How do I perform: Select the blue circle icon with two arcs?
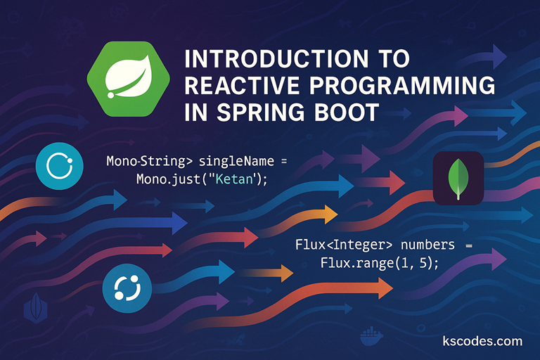(x=127, y=288)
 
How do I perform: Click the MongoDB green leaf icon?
(x=458, y=178)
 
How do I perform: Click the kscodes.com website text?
(x=483, y=341)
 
